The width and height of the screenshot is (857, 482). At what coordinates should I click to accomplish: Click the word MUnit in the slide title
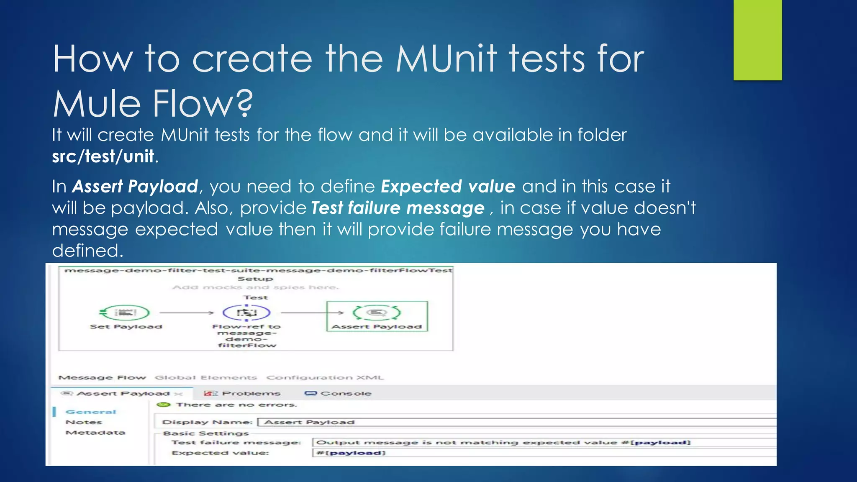[446, 59]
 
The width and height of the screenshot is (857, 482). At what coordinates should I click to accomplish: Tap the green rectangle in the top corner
[757, 40]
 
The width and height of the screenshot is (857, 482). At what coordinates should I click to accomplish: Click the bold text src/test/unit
[103, 156]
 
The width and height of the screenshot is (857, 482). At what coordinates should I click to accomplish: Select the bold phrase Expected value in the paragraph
[448, 187]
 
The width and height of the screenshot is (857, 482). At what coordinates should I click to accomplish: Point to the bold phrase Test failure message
[398, 208]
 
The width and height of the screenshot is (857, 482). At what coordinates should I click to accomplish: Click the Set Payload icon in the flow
[125, 313]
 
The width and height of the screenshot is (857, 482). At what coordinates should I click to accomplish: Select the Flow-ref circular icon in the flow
[246, 313]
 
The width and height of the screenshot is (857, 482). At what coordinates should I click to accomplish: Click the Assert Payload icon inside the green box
[377, 313]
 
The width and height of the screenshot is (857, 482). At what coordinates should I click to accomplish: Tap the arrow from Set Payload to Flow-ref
[187, 313]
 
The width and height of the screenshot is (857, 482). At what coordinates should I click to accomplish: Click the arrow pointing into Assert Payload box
[312, 313]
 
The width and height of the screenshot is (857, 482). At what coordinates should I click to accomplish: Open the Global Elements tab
[205, 377]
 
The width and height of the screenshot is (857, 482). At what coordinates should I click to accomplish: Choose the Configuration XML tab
[325, 377]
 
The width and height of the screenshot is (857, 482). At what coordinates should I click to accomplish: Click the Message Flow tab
[102, 377]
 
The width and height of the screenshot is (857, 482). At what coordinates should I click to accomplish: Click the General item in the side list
[91, 412]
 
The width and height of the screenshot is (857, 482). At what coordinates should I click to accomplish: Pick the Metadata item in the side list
[95, 433]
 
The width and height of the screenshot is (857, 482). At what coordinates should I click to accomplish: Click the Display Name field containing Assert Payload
[502, 422]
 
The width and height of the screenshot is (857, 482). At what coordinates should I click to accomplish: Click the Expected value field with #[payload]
[502, 453]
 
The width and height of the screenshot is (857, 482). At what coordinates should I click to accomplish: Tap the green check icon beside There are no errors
[164, 405]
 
